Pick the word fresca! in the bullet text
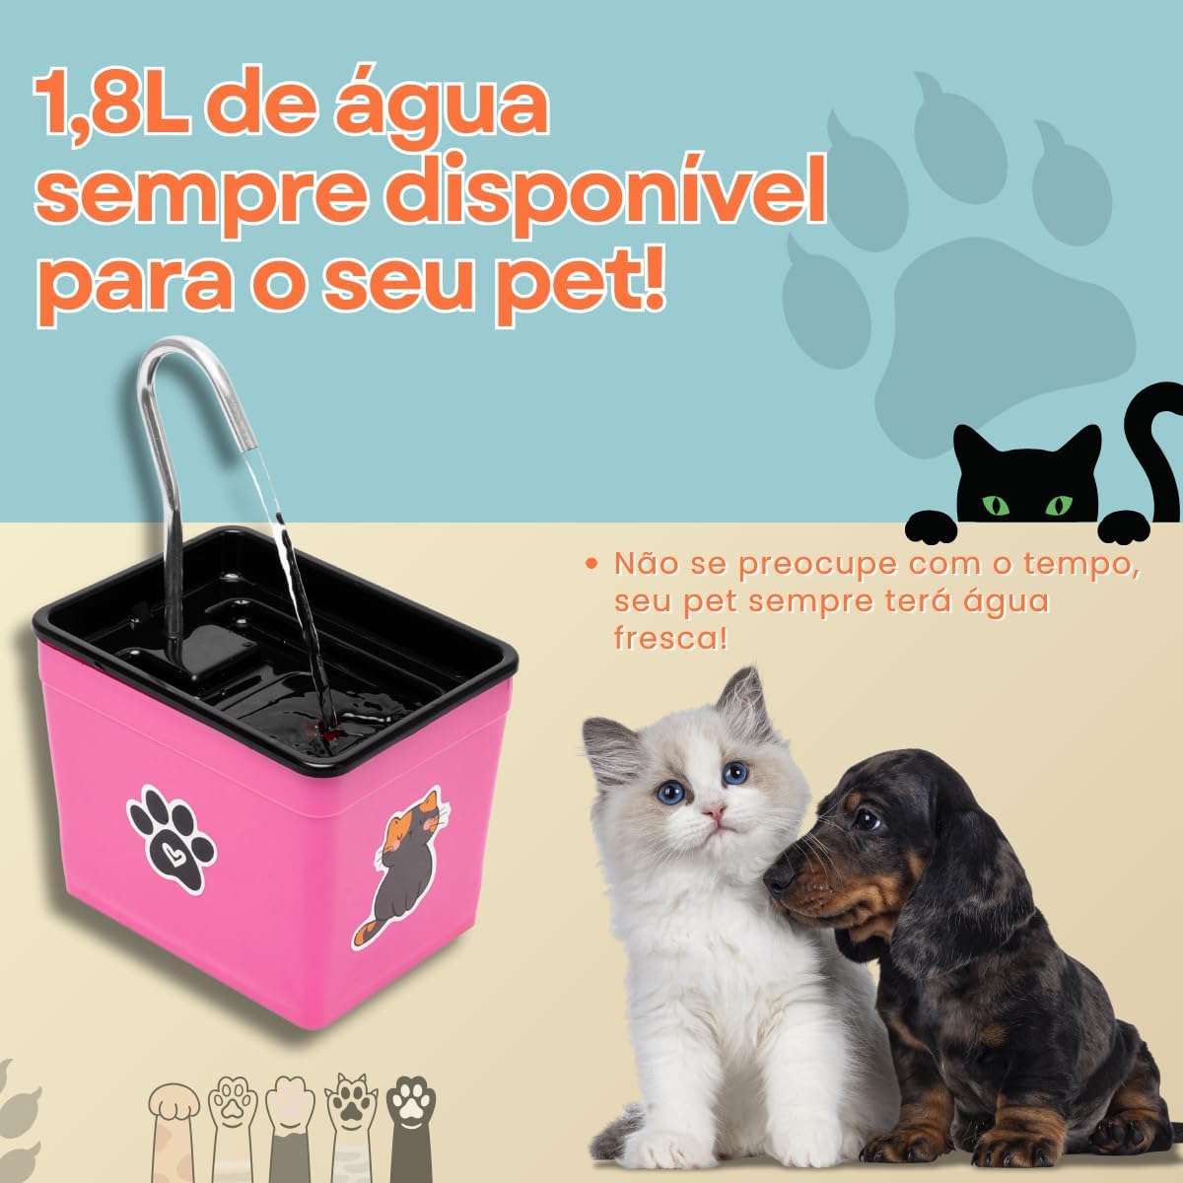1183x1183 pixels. coord(670,636)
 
